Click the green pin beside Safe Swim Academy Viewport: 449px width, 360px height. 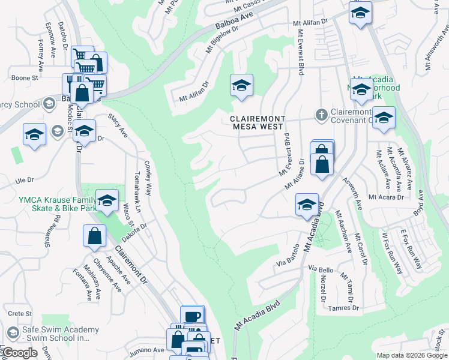tap(12, 334)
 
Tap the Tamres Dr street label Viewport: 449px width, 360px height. tap(344, 308)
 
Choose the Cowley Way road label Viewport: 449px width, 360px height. tap(147, 178)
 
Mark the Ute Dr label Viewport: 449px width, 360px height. tap(24, 179)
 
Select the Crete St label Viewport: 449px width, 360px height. tap(20, 313)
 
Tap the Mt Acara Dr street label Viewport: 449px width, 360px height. tap(386, 197)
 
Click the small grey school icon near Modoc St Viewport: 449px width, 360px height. tap(57, 131)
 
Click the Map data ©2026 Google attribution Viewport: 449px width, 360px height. tap(412, 355)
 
